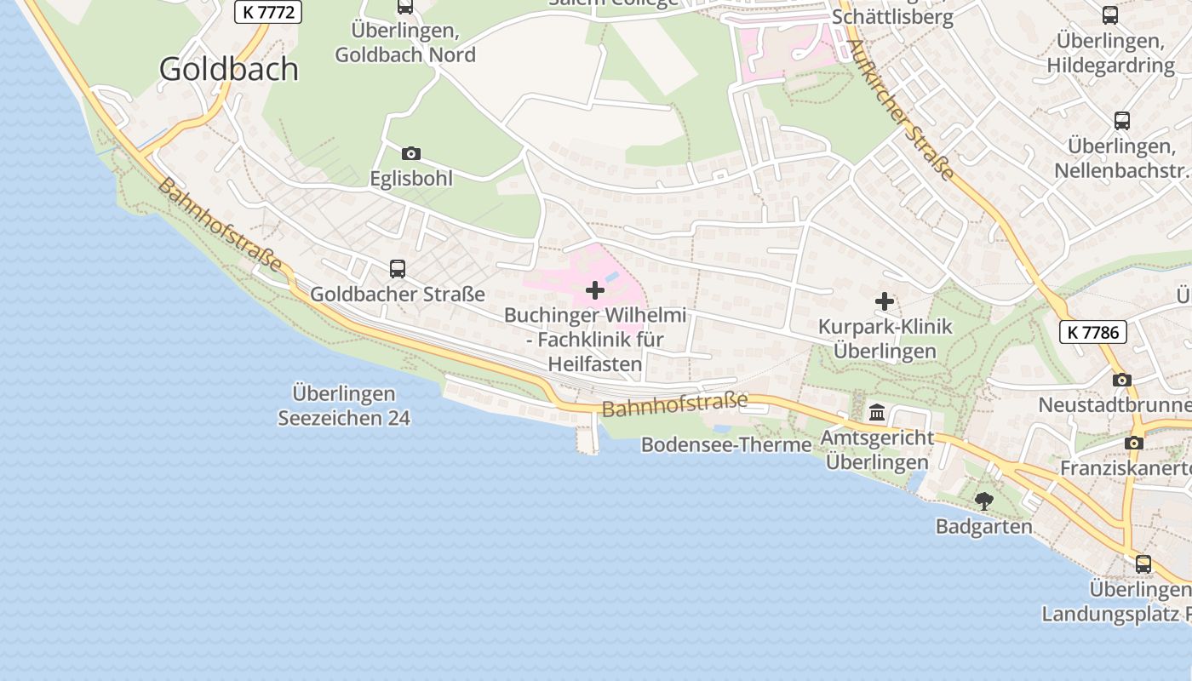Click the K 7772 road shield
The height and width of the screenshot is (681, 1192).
point(267,13)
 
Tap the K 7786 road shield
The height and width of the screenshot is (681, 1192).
point(1093,332)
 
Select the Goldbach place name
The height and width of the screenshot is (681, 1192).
point(229,69)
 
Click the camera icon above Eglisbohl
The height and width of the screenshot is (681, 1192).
point(411,153)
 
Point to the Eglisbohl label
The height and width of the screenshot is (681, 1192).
point(411,179)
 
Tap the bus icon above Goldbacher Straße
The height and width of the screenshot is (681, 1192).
point(398,269)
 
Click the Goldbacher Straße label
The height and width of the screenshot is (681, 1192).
point(398,295)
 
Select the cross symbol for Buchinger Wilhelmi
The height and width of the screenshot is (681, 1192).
point(595,291)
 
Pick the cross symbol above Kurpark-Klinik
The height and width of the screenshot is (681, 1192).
point(885,301)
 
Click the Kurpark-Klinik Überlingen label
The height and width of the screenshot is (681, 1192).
point(885,339)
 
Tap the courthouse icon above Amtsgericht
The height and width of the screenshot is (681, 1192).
point(877,414)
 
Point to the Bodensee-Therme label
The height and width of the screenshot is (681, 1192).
point(726,444)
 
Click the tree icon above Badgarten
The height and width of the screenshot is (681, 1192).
point(984,501)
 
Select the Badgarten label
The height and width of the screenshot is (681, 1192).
point(984,527)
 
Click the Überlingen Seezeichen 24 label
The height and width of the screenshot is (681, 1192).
point(344,406)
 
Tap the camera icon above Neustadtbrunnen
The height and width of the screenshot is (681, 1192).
point(1122,380)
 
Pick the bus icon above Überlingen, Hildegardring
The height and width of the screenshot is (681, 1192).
point(1110,14)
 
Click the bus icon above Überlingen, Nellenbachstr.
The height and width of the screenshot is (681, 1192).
point(1122,121)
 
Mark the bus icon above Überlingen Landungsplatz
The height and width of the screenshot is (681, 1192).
point(1143,564)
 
